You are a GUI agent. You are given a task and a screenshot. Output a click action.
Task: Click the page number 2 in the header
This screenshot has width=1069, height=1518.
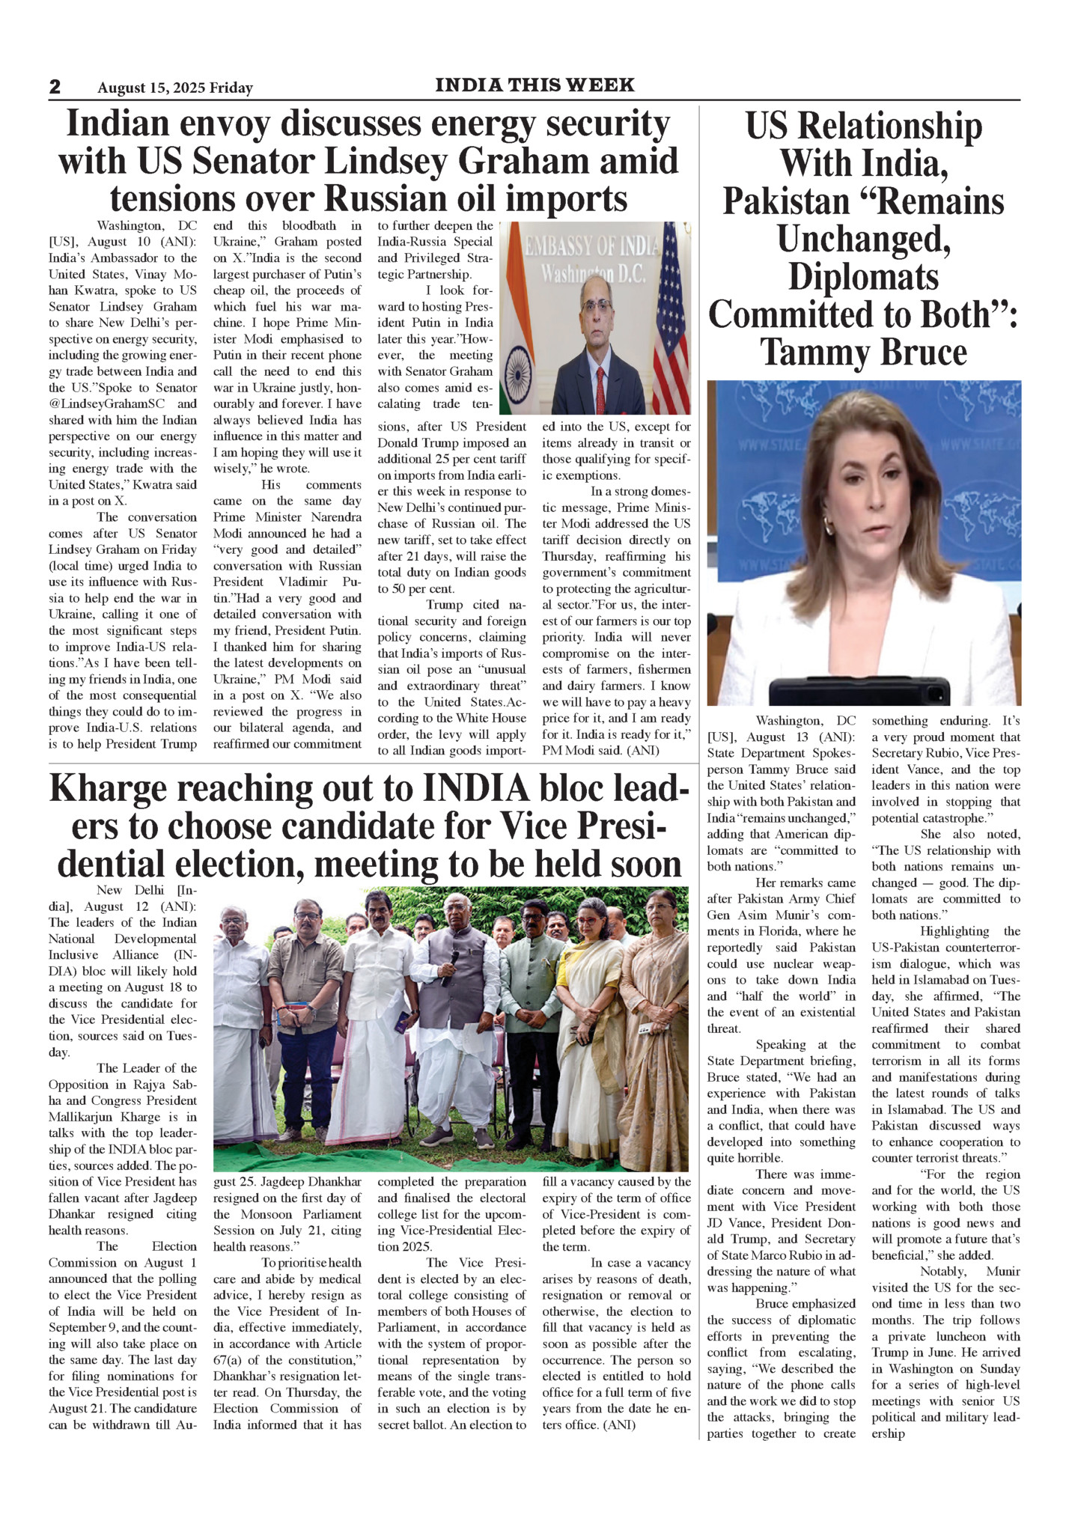point(55,87)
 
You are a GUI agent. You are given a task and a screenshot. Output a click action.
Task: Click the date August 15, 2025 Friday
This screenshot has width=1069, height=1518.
point(175,88)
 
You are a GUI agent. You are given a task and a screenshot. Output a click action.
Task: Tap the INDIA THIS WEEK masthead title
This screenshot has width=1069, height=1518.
point(534,85)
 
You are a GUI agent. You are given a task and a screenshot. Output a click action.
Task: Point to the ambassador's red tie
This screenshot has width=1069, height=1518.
point(600,389)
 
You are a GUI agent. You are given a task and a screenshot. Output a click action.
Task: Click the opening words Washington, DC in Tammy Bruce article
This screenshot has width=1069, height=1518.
point(805,721)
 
